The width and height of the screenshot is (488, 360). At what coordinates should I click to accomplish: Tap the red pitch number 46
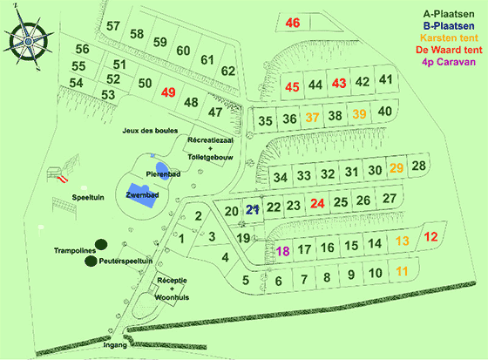click(293, 24)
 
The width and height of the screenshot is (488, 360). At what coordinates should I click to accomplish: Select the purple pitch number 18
click(282, 251)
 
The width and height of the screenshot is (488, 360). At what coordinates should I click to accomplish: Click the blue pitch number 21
click(253, 210)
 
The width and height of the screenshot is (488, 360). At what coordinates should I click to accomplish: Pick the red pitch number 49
click(168, 92)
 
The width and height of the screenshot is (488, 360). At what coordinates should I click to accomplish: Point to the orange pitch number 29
click(397, 168)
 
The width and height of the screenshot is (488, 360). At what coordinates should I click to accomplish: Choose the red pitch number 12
click(430, 237)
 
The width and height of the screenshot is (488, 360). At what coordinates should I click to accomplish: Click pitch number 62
click(228, 71)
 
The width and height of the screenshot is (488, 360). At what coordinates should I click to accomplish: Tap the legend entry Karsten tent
click(447, 38)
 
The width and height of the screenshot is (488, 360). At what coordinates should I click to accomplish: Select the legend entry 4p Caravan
click(447, 63)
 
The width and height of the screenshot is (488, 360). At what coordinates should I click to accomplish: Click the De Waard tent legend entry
click(447, 51)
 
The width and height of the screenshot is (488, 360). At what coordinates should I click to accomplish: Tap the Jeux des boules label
click(152, 130)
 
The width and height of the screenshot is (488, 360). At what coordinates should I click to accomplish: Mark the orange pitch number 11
click(402, 272)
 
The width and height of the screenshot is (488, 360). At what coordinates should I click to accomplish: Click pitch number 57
click(113, 25)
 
